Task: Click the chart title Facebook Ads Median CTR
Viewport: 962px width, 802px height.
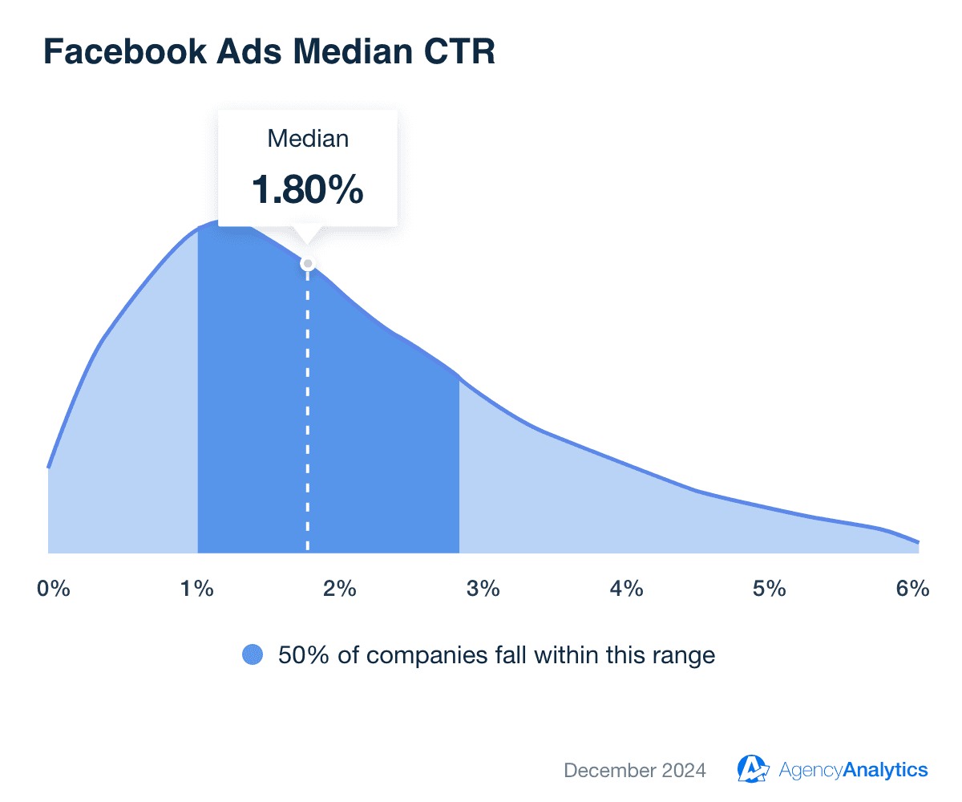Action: (x=269, y=51)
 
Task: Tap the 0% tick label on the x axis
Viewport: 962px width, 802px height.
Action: (x=54, y=589)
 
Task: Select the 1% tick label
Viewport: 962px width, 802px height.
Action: (x=197, y=589)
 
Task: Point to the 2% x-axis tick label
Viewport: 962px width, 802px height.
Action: (x=340, y=589)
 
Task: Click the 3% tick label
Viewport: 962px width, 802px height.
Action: (x=483, y=589)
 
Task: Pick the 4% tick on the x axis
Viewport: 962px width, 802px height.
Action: (x=626, y=589)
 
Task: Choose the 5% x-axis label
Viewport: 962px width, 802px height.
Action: (x=769, y=589)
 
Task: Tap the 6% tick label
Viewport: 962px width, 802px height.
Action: (x=912, y=589)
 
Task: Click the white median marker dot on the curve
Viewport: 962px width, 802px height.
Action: (x=307, y=263)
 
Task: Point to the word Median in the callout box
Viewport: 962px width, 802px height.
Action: (x=308, y=139)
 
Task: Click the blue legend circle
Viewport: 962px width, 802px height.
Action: (x=253, y=655)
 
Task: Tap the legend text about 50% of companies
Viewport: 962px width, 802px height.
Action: (x=496, y=655)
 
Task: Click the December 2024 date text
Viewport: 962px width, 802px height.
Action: (x=635, y=771)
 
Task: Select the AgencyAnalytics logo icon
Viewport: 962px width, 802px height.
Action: (x=753, y=769)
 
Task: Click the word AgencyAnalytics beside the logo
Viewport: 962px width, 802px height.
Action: (x=853, y=771)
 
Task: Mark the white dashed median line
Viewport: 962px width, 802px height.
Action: (x=308, y=417)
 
